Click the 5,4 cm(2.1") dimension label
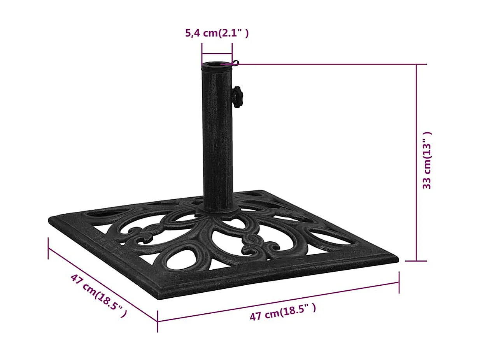point(217,33)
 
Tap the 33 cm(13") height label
point(427,160)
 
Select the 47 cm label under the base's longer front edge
point(282,312)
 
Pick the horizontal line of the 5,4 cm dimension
point(217,54)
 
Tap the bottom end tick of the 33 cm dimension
point(416,261)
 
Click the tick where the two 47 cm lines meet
point(158,321)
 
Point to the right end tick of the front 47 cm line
point(399,282)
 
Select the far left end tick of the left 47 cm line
point(48,248)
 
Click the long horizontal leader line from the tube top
point(331,64)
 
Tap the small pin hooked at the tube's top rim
point(235,62)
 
